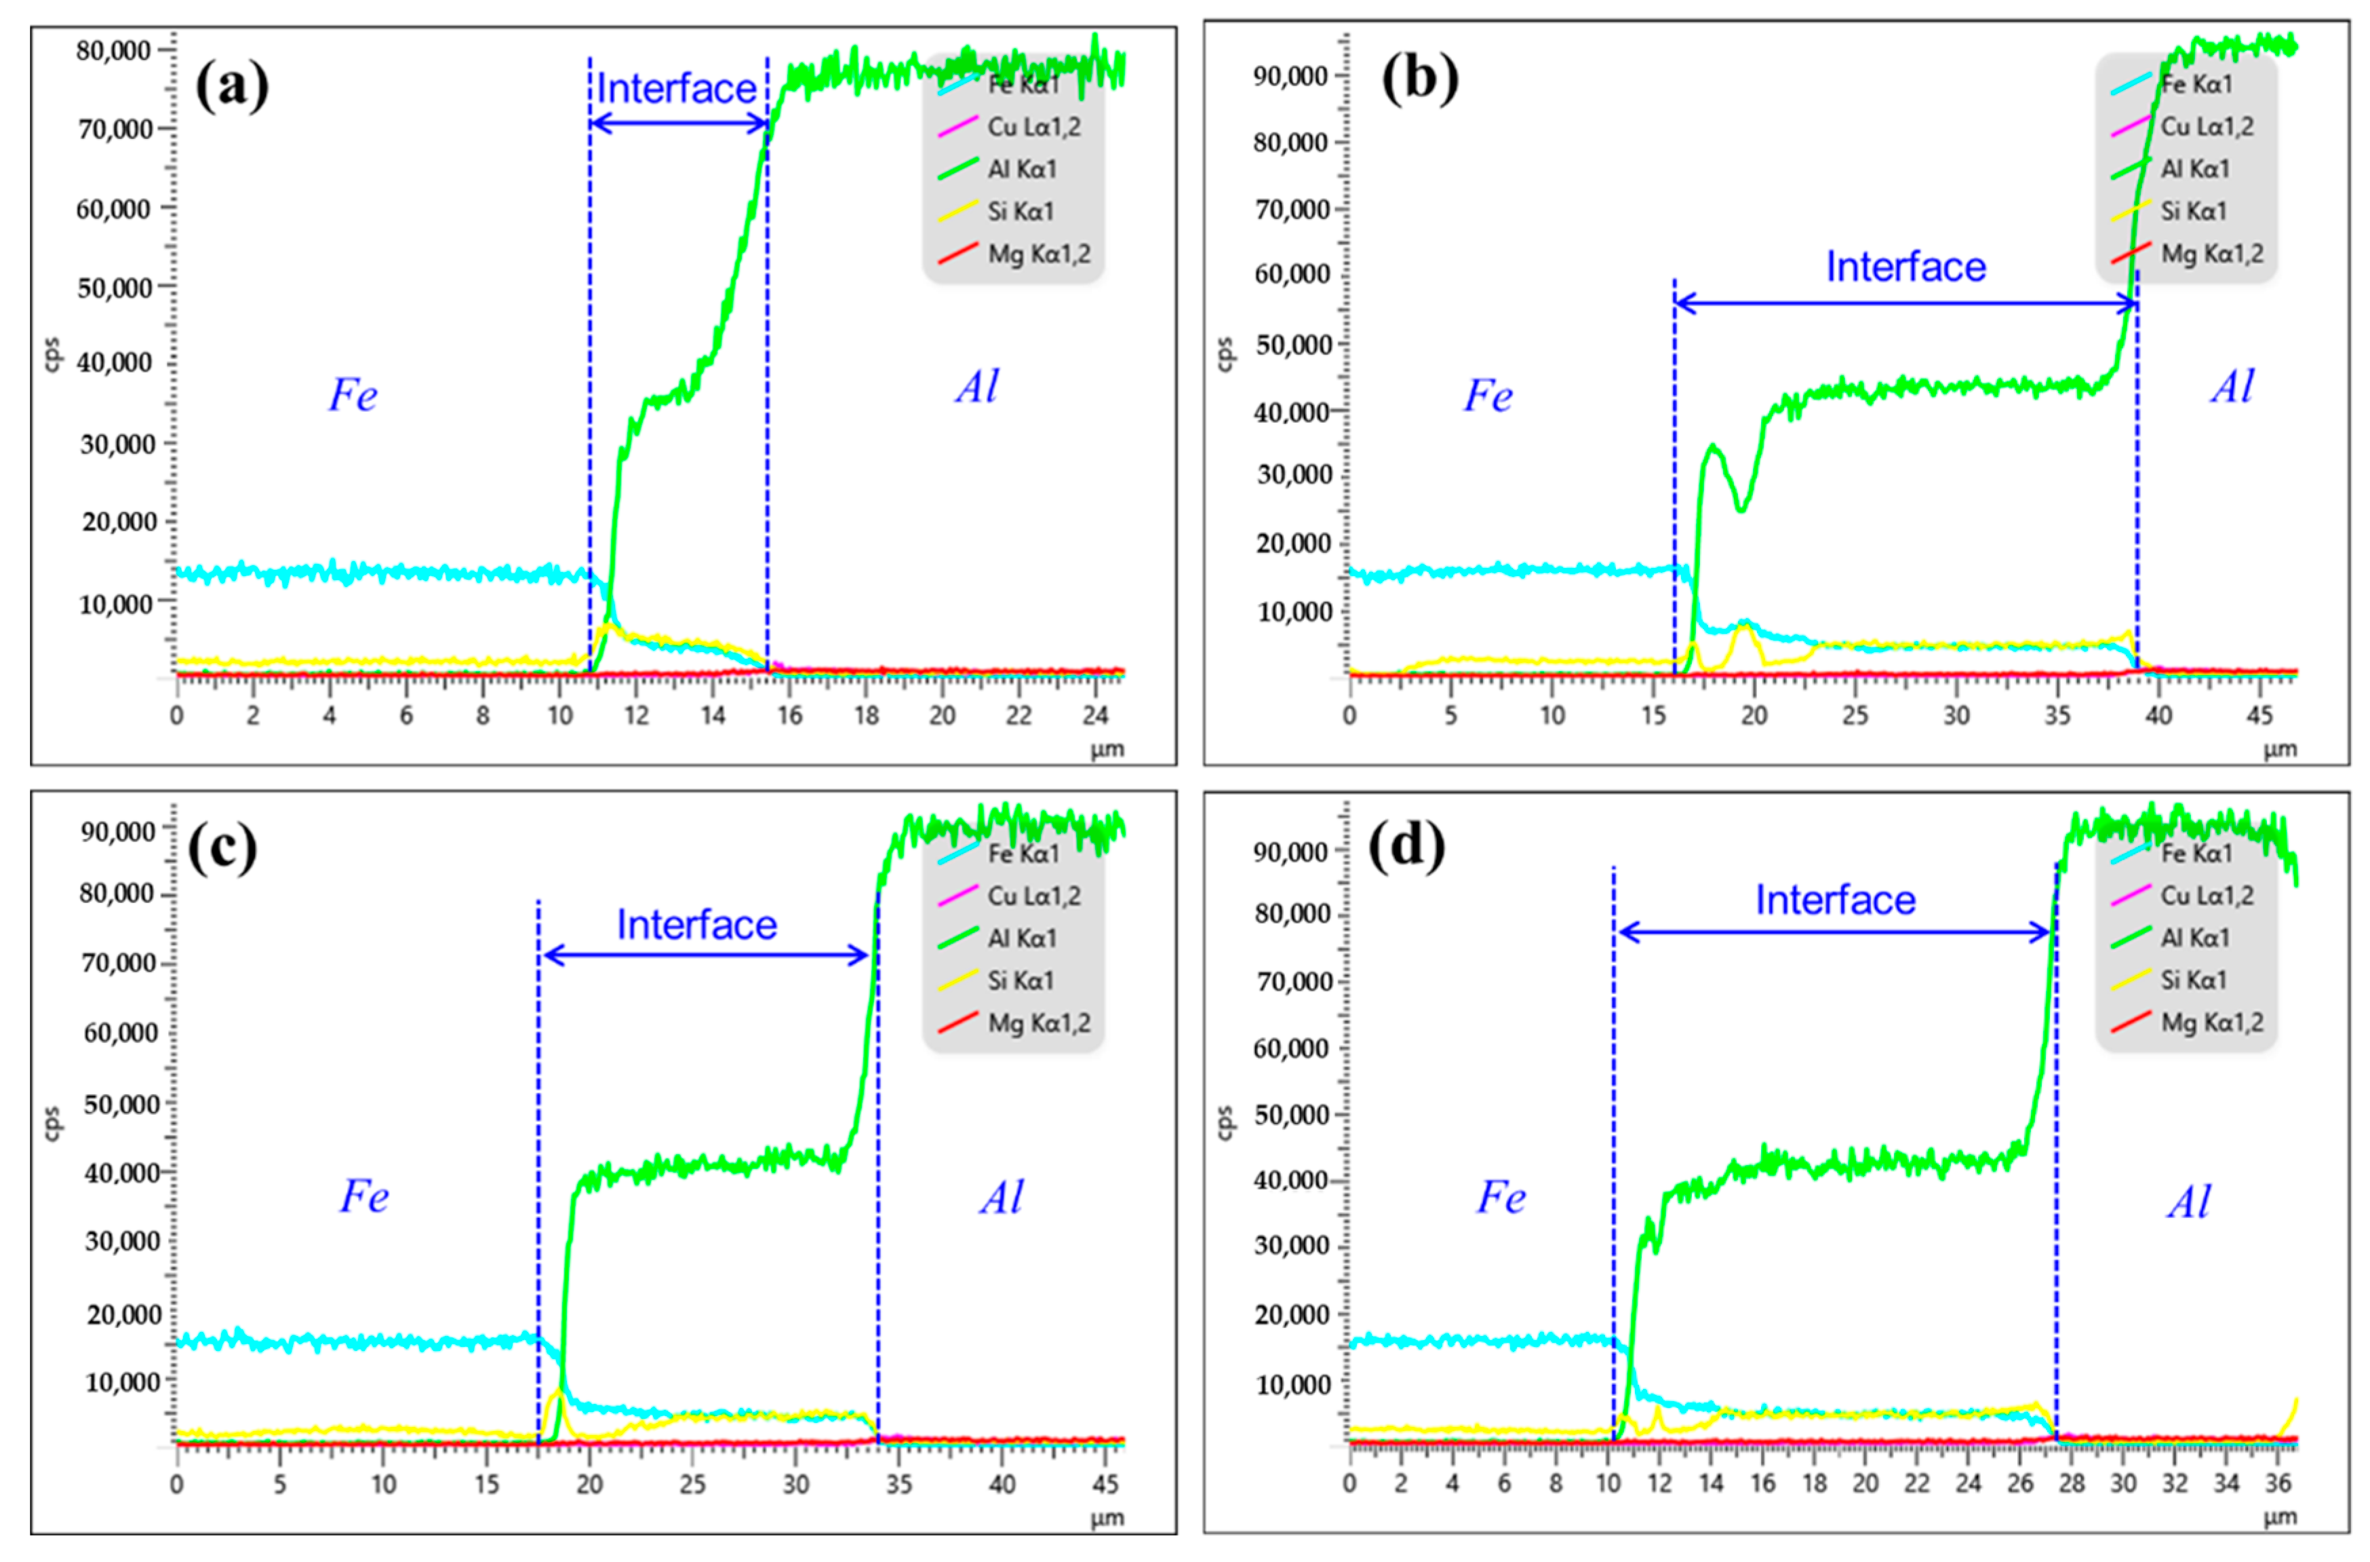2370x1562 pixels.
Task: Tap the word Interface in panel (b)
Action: [x=1905, y=267]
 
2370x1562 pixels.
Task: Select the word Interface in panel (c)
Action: [x=696, y=924]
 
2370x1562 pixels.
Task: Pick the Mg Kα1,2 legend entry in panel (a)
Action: [x=1037, y=254]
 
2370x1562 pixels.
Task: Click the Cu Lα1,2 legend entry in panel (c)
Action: [x=1033, y=896]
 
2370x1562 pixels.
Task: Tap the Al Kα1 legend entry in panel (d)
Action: [x=2194, y=937]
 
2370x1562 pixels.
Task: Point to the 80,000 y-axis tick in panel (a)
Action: [x=113, y=50]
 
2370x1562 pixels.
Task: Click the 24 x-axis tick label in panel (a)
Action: [x=1094, y=715]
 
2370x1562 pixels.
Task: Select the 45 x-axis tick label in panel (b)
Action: [x=2259, y=715]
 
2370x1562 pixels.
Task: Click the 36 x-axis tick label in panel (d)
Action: [x=2277, y=1484]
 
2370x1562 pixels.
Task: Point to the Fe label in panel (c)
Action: [x=363, y=1196]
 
